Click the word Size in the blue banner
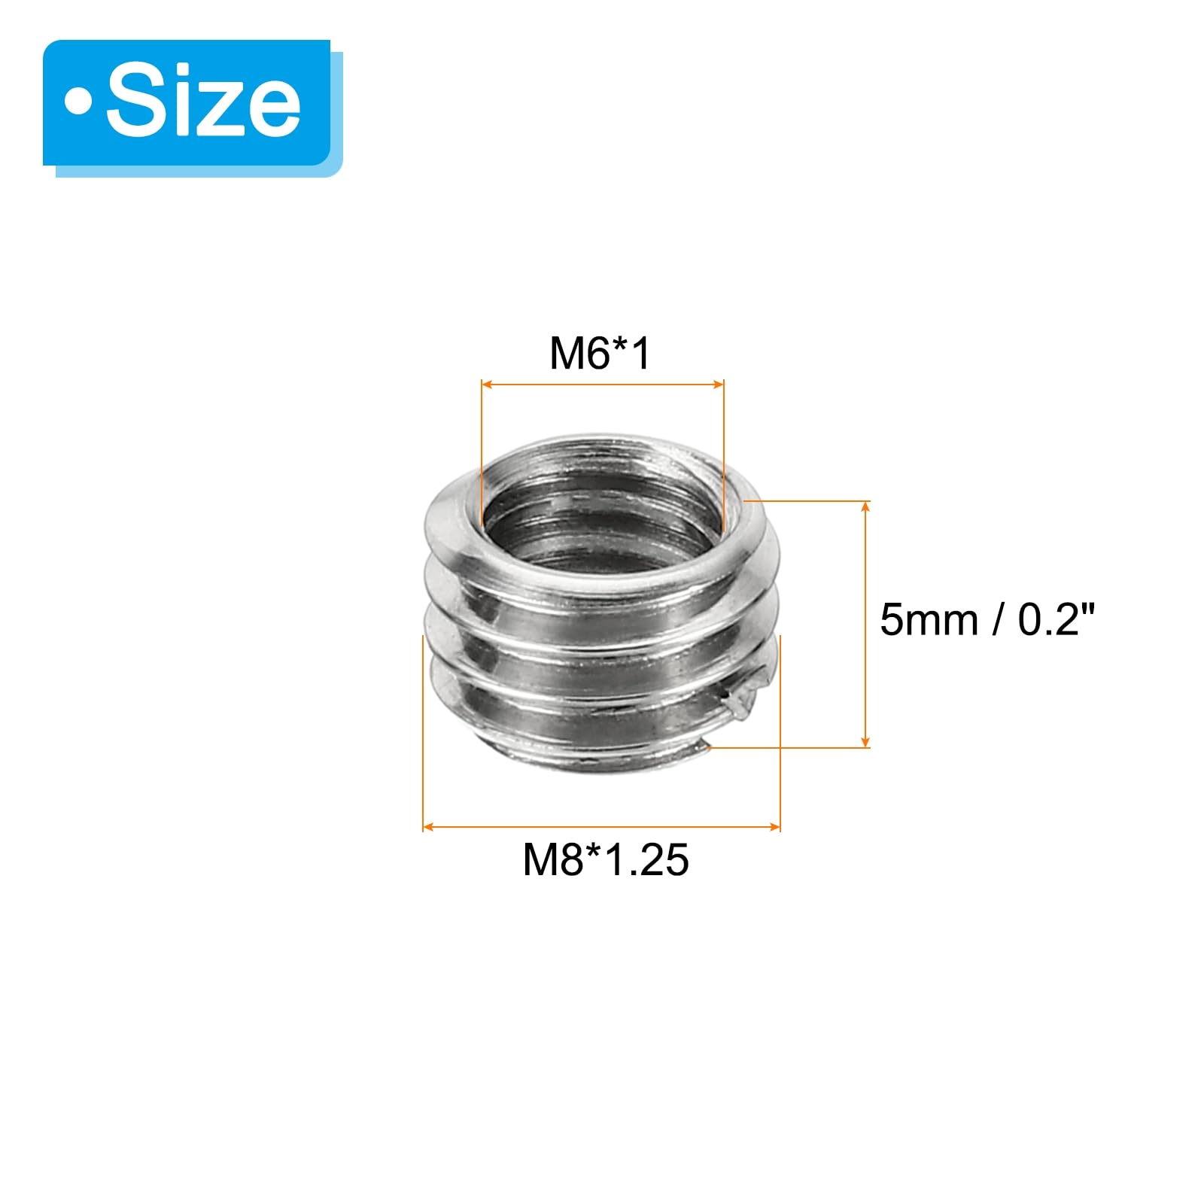(203, 102)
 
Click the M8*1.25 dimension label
(606, 859)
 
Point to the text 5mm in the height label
(929, 620)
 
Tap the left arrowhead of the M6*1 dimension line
(487, 385)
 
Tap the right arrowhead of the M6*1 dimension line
(718, 385)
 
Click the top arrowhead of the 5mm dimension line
(865, 506)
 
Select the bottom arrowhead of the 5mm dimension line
(865, 741)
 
